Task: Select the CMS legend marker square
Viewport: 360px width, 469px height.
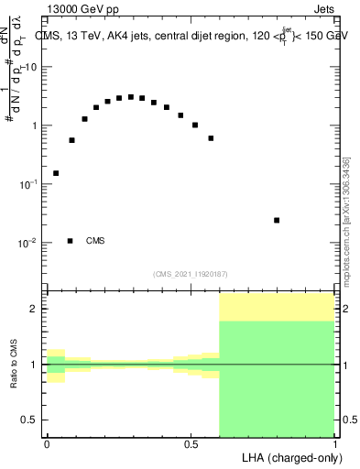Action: tap(71, 241)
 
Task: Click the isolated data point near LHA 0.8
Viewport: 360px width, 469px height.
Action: tap(277, 220)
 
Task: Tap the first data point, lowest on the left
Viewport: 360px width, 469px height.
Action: tap(56, 173)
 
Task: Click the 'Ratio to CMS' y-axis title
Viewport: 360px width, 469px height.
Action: tap(14, 365)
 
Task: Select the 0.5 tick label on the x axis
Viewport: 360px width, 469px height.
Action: tap(191, 444)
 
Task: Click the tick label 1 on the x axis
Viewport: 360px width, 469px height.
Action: tap(335, 444)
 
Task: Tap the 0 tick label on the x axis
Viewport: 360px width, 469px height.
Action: tap(47, 444)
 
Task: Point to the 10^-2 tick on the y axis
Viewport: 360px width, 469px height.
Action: tap(29, 243)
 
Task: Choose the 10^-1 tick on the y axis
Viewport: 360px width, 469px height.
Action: tap(29, 184)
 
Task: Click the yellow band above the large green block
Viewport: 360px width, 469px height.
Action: tap(278, 307)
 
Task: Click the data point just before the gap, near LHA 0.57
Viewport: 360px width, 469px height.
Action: tap(211, 138)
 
